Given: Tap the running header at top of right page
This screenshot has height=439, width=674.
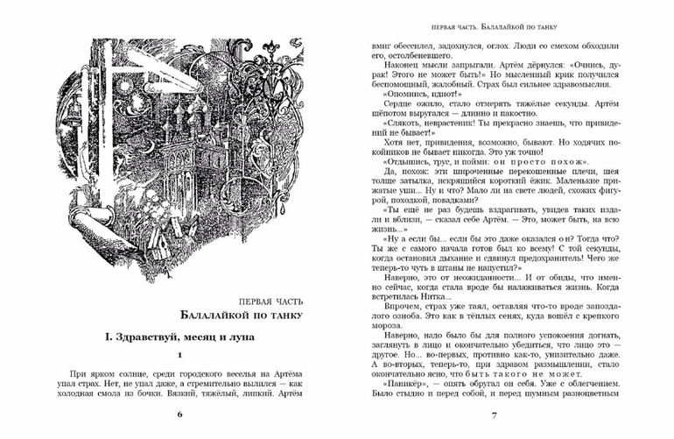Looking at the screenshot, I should click(494, 28).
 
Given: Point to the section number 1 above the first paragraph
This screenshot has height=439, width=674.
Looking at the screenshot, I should click(179, 355).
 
